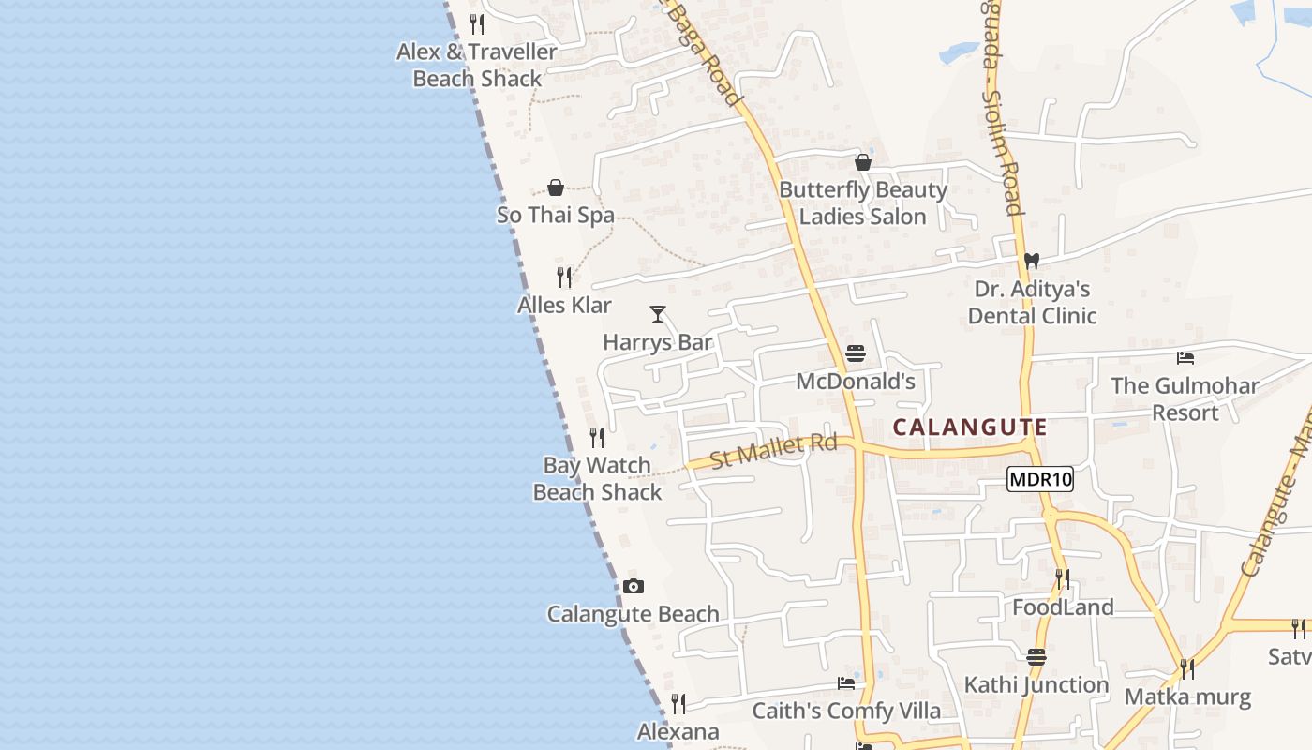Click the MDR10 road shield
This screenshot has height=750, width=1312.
1040,480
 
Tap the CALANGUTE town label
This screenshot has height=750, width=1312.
969,427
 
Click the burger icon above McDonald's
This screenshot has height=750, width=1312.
855,353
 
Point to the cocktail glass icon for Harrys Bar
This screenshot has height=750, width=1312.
658,314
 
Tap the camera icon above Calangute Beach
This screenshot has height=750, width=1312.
634,586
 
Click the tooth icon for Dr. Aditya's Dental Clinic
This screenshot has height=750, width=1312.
1031,262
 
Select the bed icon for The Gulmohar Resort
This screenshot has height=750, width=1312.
1185,357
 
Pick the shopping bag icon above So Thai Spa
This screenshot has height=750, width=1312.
556,187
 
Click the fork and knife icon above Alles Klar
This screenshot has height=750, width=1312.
564,277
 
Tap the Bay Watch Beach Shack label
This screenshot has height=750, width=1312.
597,478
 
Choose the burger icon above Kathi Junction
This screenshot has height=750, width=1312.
1036,656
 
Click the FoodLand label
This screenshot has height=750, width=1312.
1063,607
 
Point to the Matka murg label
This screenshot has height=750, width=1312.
1187,697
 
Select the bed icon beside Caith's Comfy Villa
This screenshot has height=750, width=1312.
846,682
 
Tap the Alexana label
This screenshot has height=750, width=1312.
678,731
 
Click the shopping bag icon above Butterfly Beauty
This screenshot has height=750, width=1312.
863,162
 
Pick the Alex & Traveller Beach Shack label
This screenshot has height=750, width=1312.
477,65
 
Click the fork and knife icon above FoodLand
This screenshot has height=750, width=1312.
1062,578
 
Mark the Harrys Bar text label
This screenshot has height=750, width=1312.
658,342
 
